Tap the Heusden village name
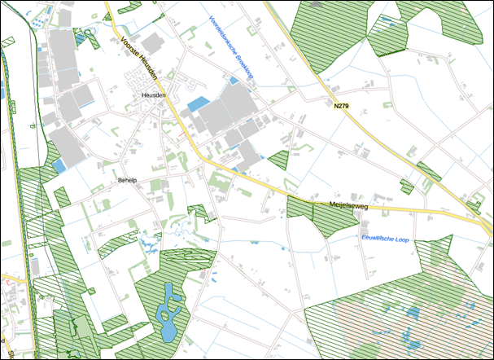[153, 95]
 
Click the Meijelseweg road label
[348, 207]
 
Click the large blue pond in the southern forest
[169, 313]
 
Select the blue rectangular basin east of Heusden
[198, 104]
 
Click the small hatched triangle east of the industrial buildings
[279, 159]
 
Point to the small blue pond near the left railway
[59, 165]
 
